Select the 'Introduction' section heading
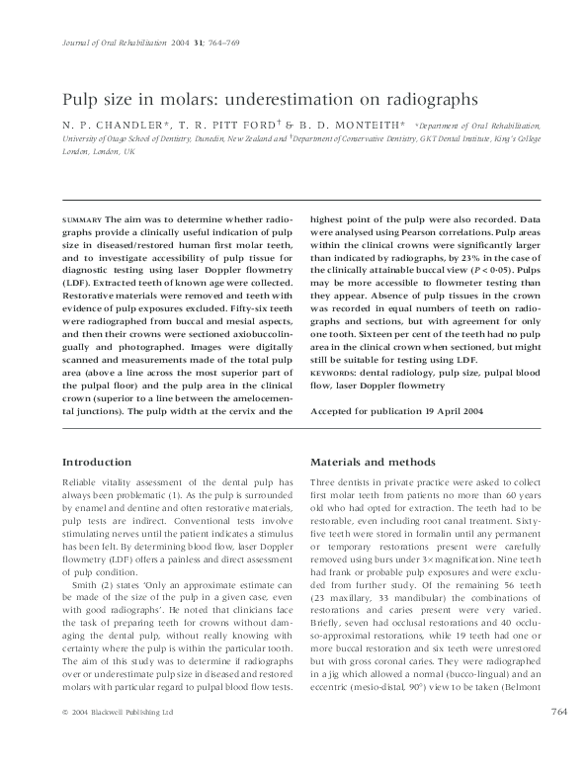pos(97,462)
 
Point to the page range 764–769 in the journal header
pos(246,44)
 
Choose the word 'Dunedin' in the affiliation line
pos(229,139)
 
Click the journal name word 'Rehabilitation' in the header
pos(152,44)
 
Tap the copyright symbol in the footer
pos(65,739)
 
